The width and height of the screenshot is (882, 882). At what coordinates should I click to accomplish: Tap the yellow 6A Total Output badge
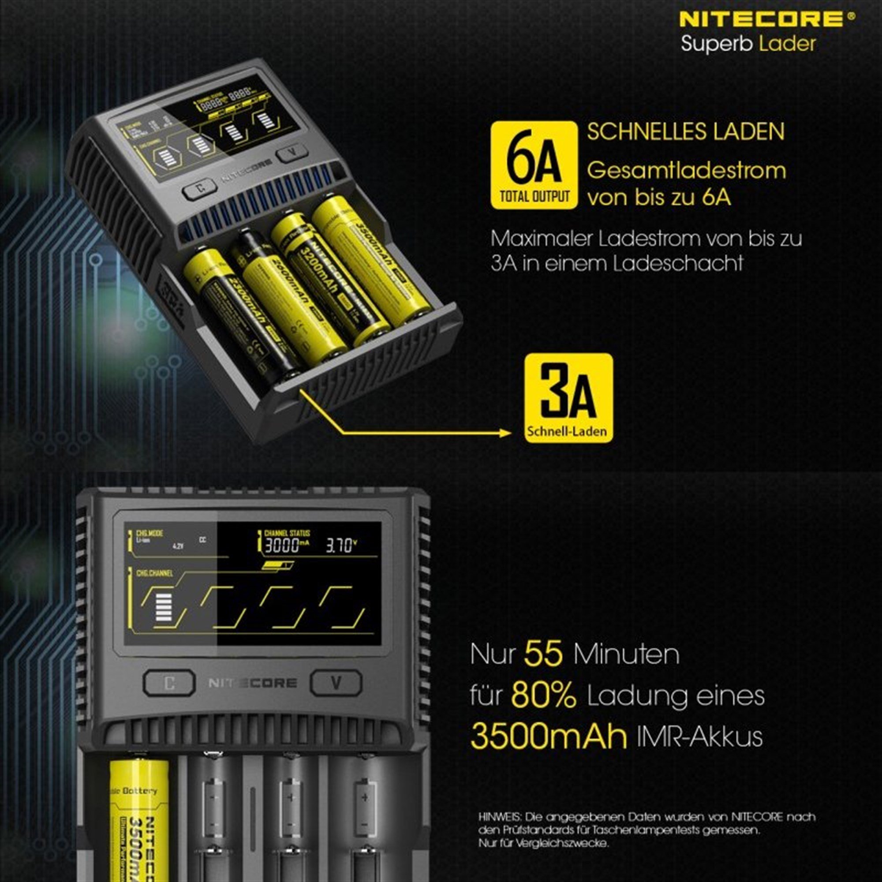tap(534, 165)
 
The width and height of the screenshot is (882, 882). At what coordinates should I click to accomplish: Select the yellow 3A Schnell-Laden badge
tap(568, 398)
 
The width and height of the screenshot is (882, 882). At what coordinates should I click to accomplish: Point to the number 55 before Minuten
tap(543, 653)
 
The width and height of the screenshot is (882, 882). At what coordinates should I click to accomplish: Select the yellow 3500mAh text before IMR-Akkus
tap(548, 736)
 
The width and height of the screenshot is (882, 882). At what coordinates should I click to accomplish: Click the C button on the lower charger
tap(169, 683)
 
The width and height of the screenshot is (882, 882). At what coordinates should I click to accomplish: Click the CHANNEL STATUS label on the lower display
tap(287, 533)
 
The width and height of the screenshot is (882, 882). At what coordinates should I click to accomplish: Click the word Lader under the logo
tap(788, 44)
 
